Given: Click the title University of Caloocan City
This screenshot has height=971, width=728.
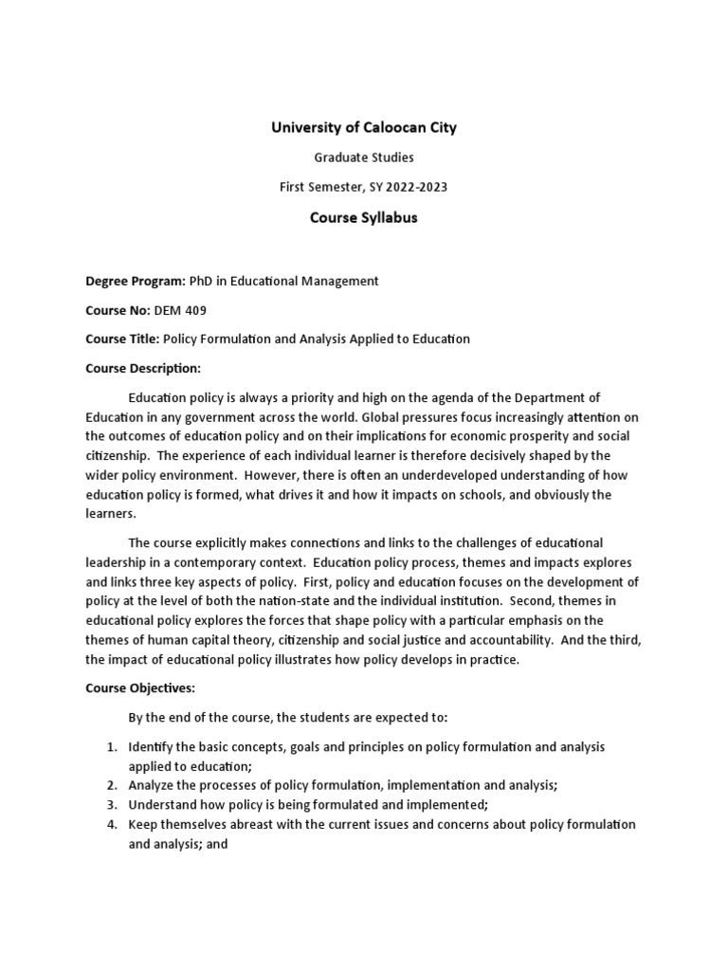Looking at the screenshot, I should (364, 127).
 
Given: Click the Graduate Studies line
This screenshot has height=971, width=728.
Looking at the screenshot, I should (364, 157).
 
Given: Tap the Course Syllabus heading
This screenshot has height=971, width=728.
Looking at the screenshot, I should (364, 218).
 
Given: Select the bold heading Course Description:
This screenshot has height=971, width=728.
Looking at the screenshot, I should (142, 368).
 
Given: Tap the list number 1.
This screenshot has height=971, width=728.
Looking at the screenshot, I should (111, 747).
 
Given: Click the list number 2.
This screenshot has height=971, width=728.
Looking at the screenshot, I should (111, 785).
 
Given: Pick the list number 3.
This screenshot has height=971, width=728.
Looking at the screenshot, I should (111, 805).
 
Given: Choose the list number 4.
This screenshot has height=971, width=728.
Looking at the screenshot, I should (111, 825).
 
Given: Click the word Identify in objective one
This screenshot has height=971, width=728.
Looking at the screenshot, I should (151, 747).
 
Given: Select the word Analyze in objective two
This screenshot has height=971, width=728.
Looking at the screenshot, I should (153, 785).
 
